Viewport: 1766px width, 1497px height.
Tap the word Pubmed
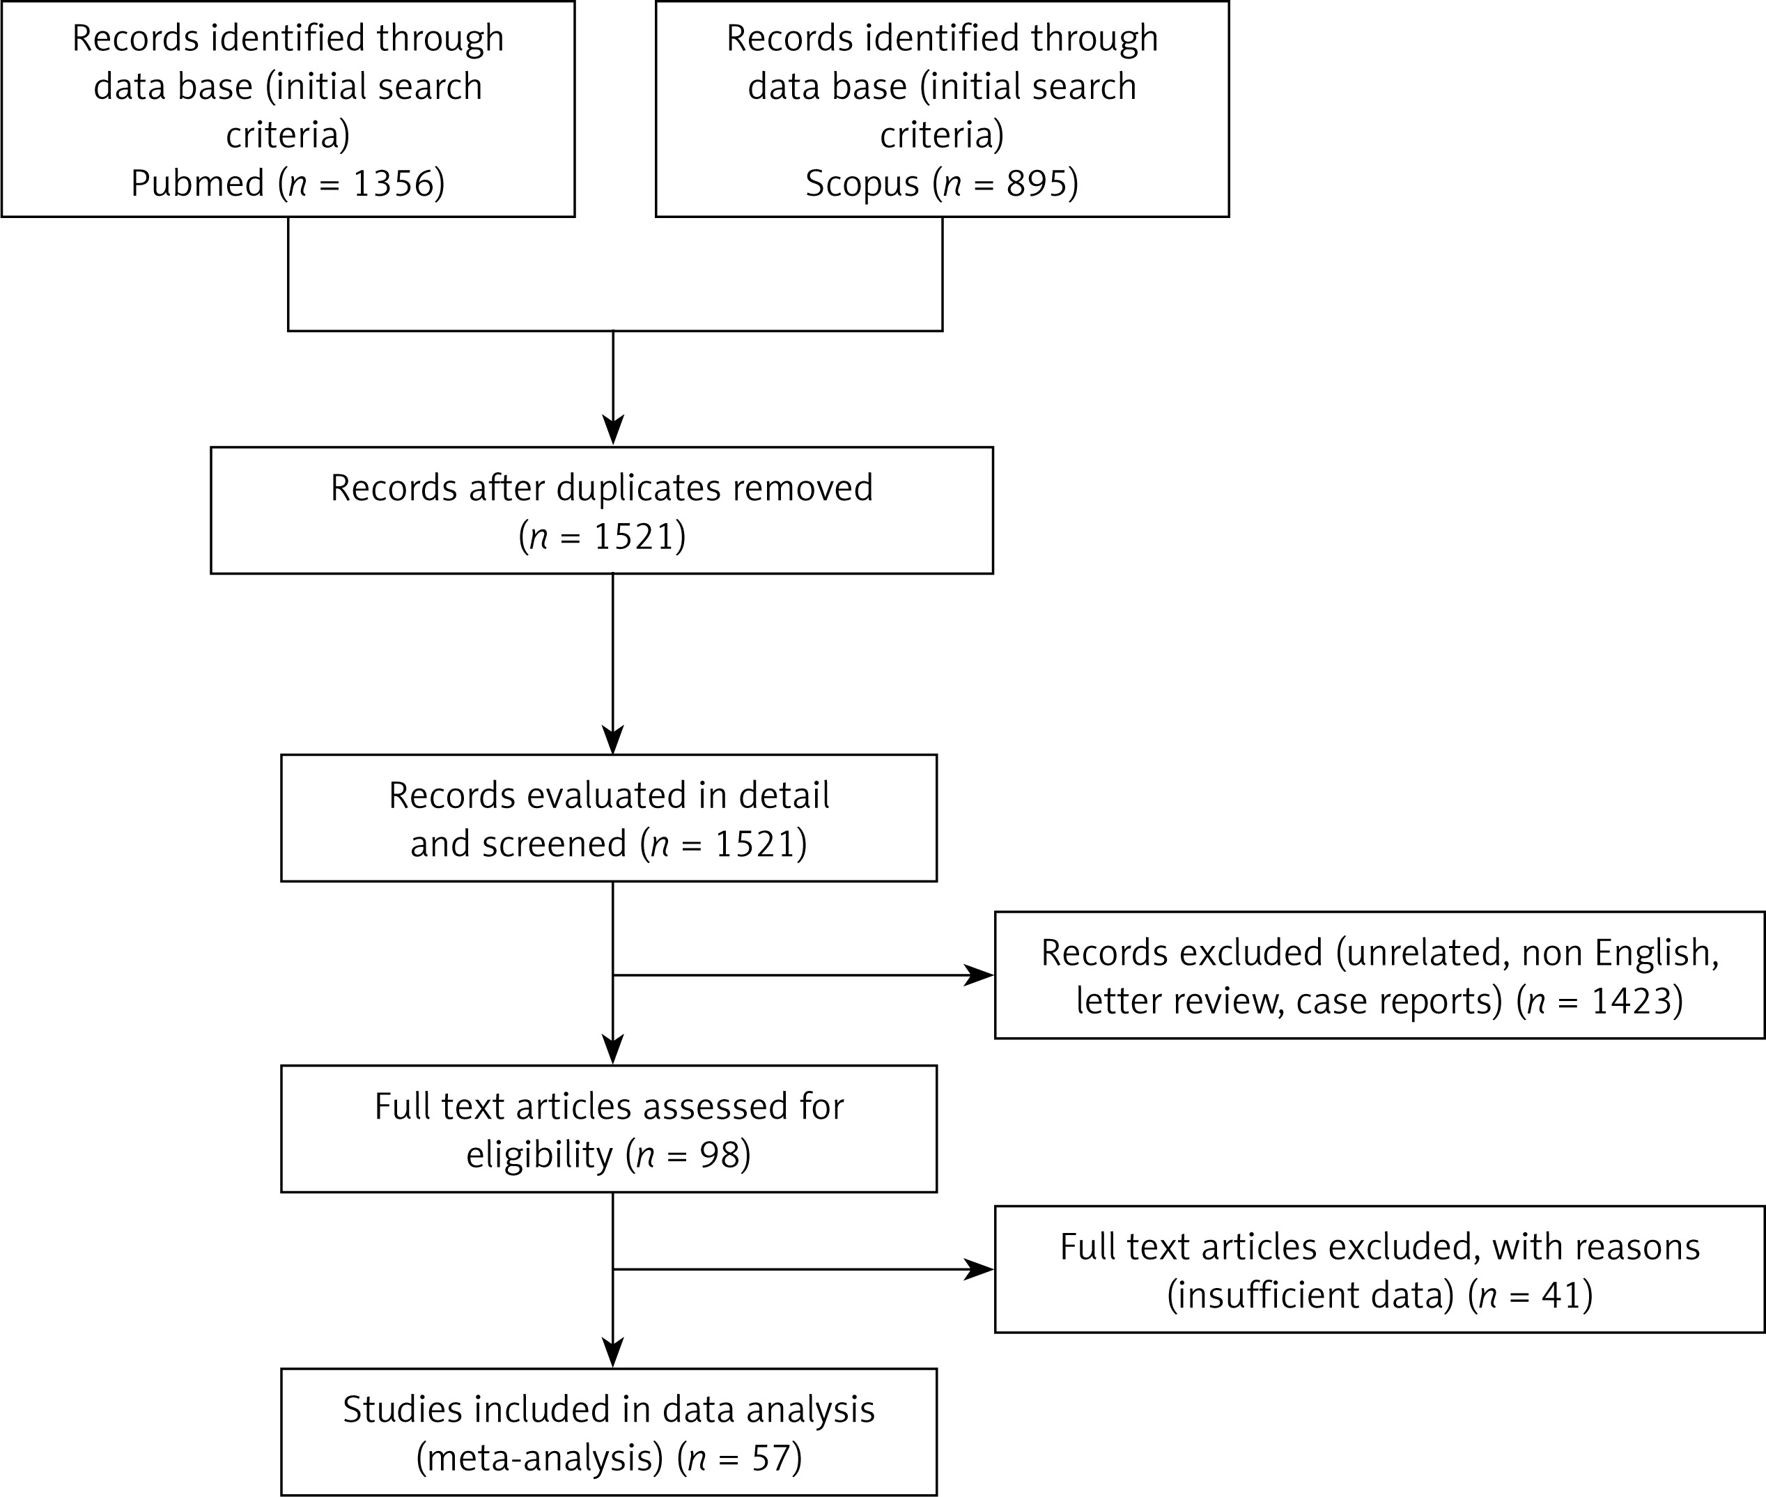(198, 183)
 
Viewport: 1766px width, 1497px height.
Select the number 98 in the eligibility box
(718, 1154)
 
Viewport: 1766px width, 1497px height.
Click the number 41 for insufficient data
(1560, 1295)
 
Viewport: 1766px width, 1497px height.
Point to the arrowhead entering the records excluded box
(979, 975)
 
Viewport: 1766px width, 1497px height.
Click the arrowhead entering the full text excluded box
(979, 1270)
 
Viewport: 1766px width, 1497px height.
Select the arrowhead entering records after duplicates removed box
(613, 431)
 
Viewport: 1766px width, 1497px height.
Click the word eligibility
(540, 1155)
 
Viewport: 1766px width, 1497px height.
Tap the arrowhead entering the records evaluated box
(613, 739)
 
